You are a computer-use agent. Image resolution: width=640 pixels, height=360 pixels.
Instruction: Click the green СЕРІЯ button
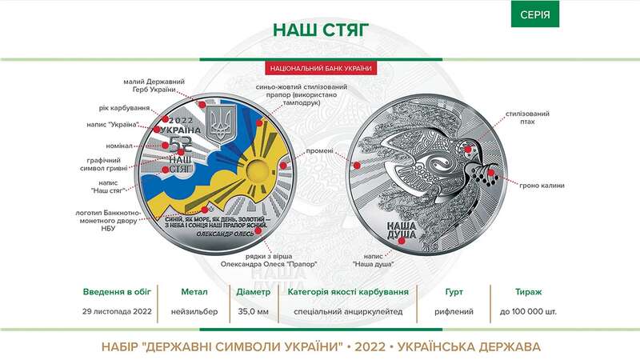(x=535, y=14)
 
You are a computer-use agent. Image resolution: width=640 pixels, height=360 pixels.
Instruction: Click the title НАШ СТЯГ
(x=320, y=30)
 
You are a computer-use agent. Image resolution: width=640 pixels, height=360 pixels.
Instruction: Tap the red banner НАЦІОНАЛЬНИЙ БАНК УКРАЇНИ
(x=320, y=69)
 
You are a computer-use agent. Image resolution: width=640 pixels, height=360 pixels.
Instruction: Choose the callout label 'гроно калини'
(x=540, y=186)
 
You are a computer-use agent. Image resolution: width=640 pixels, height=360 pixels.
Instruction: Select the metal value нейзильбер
(x=195, y=311)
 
